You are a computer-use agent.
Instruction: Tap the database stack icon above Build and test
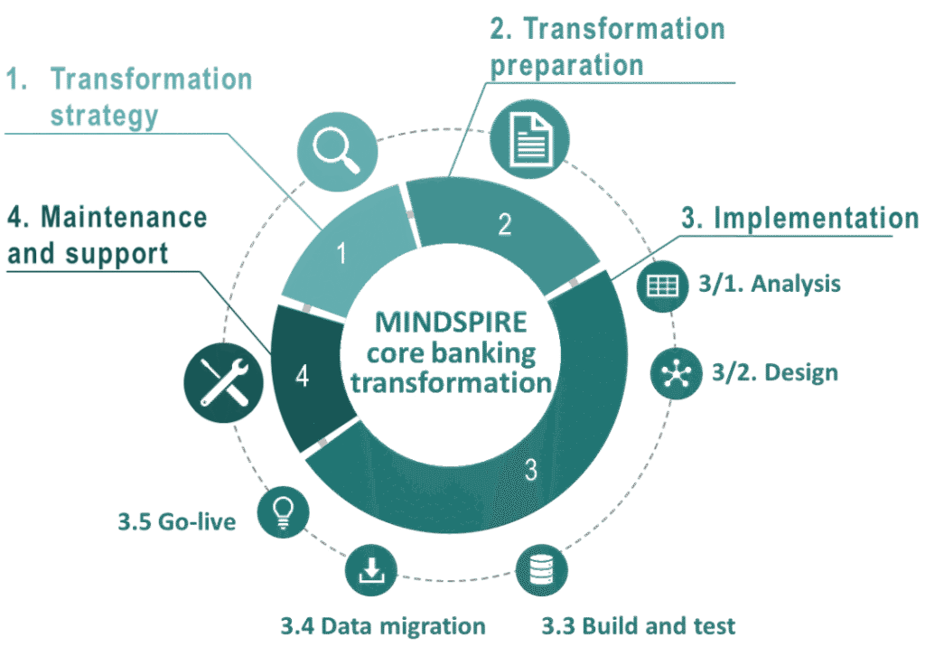pyautogui.click(x=542, y=568)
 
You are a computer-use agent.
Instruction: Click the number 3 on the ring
pyautogui.click(x=531, y=470)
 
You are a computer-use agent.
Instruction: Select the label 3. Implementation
pyautogui.click(x=800, y=219)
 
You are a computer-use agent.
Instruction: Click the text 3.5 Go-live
pyautogui.click(x=177, y=521)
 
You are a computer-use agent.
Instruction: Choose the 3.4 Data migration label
pyautogui.click(x=382, y=625)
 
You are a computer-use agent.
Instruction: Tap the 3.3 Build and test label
pyautogui.click(x=639, y=625)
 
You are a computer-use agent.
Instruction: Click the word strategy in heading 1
pyautogui.click(x=104, y=115)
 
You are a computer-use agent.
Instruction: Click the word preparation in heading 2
pyautogui.click(x=567, y=65)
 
